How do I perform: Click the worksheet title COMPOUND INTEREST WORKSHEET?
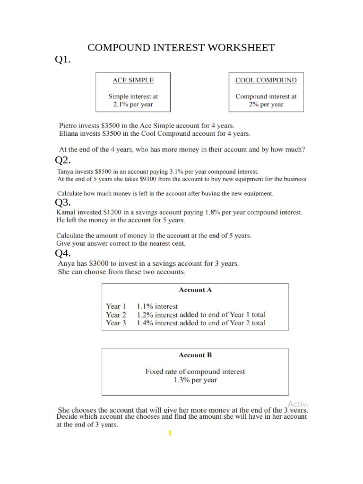(181, 48)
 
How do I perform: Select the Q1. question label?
(63, 60)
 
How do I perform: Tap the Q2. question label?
(63, 160)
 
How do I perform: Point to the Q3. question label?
(63, 203)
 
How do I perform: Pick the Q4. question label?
(63, 253)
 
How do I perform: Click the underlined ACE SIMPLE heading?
(133, 80)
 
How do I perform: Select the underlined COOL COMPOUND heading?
(266, 80)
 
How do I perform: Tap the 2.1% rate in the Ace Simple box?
(121, 104)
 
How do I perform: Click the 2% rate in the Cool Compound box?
(254, 104)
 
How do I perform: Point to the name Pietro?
(69, 126)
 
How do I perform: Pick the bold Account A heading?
(195, 290)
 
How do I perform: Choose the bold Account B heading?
(195, 355)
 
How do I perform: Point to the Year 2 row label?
(116, 315)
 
